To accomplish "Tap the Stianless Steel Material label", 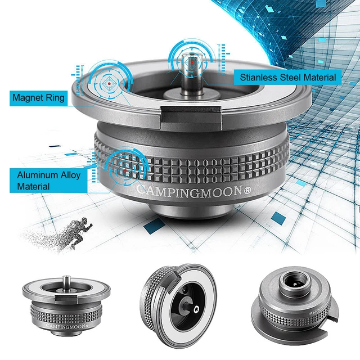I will point(287,77).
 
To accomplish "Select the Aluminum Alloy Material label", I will point(48,180).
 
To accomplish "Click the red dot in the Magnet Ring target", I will point(109,83).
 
